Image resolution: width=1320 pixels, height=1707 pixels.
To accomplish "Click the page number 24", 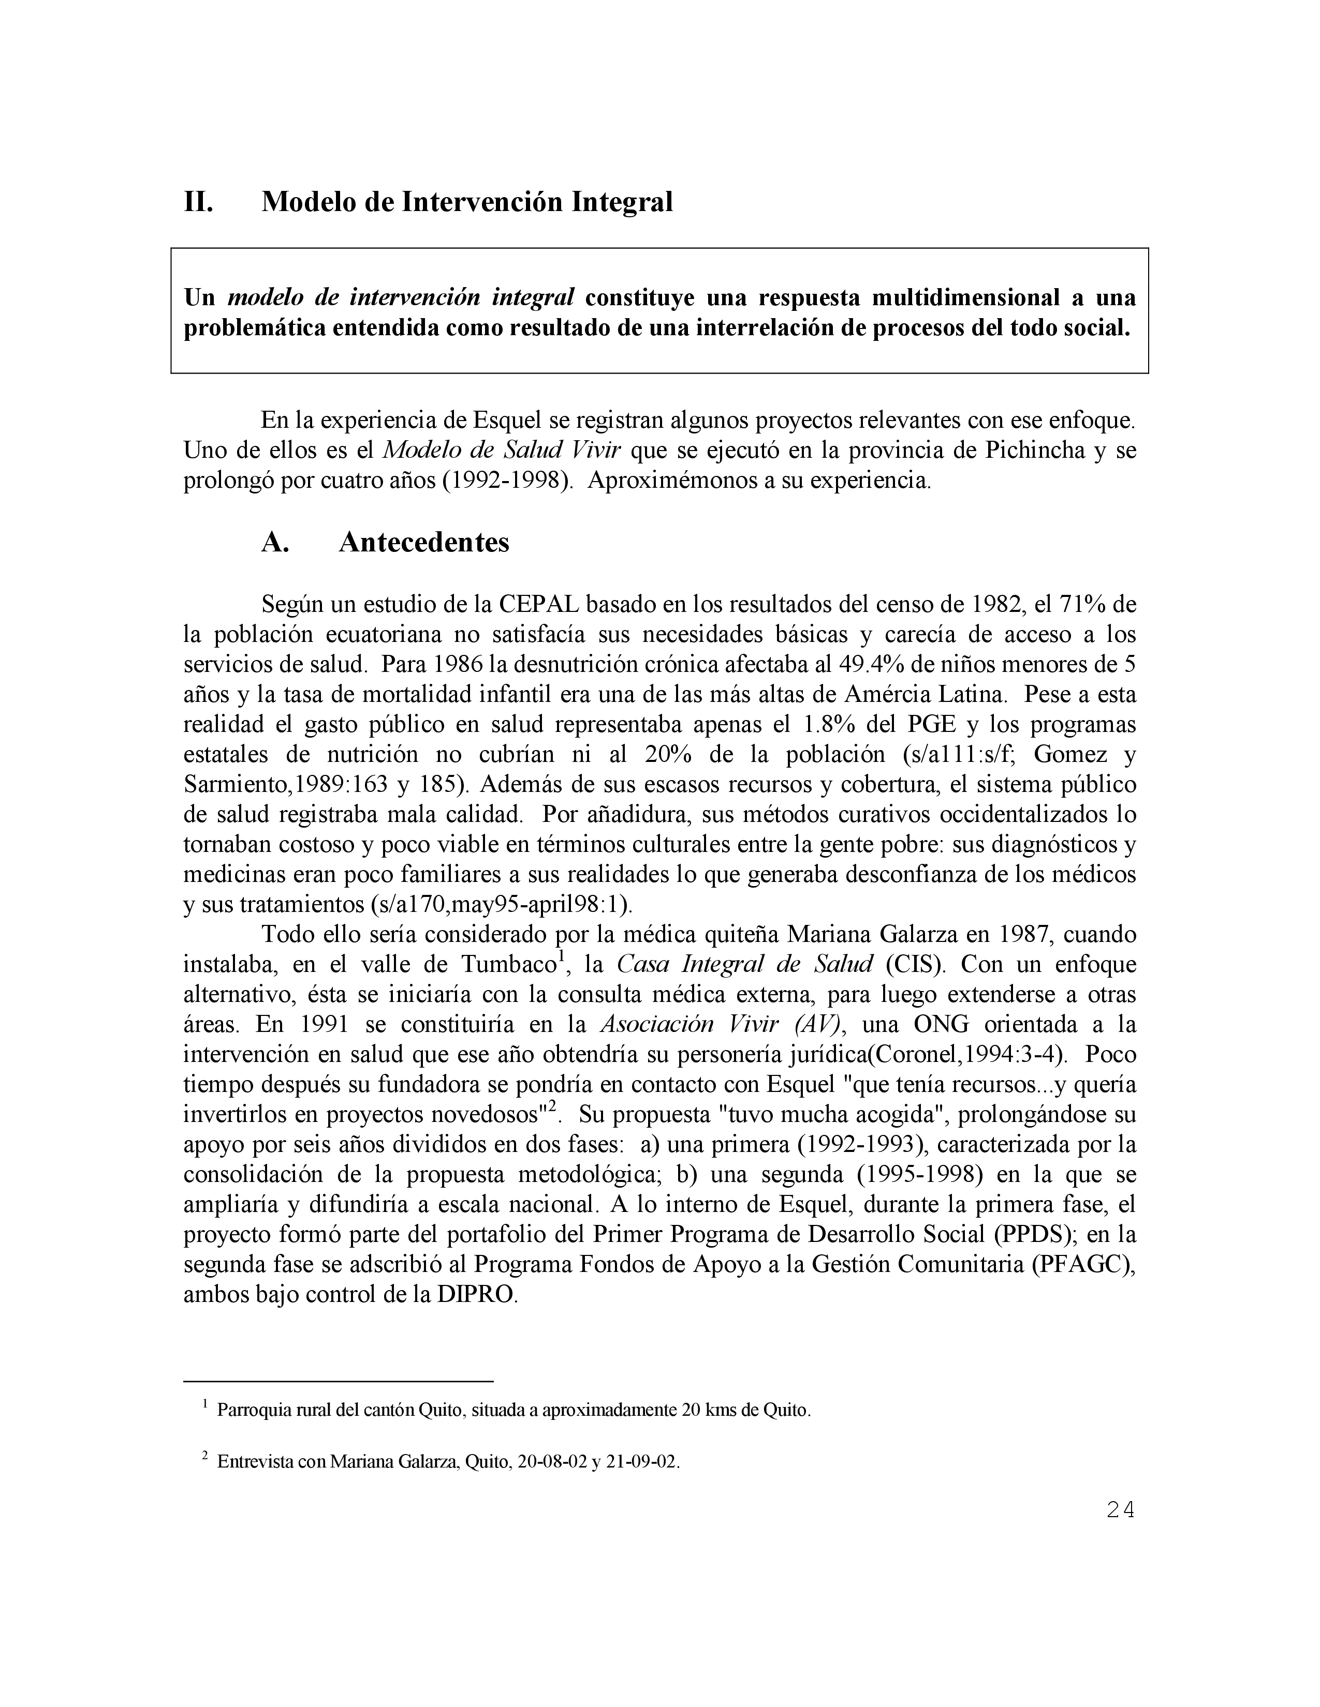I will tap(1120, 1510).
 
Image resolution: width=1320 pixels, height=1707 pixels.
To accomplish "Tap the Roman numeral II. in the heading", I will tap(199, 202).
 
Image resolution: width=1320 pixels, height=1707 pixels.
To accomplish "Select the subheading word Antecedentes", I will tap(424, 542).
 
